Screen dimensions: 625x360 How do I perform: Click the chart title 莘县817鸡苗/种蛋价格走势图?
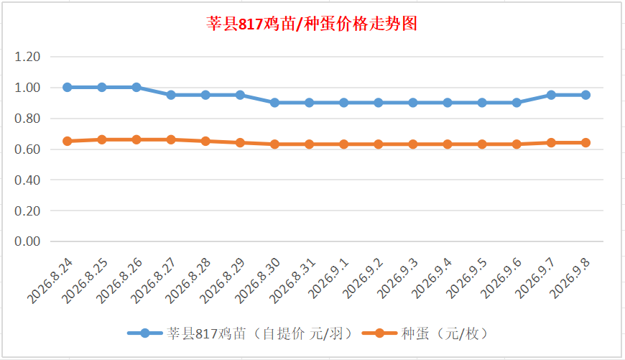tap(312, 24)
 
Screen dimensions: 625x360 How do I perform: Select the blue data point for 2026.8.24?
tap(68, 88)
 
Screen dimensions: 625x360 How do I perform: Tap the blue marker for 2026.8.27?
tap(171, 95)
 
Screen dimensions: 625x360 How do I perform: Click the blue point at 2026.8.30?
tap(274, 103)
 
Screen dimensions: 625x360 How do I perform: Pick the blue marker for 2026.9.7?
tap(551, 95)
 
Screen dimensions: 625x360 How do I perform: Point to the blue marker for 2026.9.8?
tap(586, 95)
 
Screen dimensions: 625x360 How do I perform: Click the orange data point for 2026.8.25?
tap(102, 139)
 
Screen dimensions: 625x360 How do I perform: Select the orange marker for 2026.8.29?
tap(240, 143)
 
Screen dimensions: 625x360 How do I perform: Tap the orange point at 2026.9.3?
tap(413, 144)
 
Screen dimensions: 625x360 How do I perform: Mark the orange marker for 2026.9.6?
tap(517, 144)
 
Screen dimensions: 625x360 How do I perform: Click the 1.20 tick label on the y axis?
tap(27, 57)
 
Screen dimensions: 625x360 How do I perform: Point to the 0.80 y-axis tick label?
tap(27, 119)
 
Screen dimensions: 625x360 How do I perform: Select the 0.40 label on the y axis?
tap(27, 180)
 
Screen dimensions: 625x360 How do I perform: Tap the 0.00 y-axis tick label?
tap(27, 241)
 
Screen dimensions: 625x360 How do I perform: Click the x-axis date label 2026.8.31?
tap(292, 281)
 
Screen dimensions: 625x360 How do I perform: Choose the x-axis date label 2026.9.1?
tap(328, 279)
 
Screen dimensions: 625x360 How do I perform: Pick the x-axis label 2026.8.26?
tap(119, 281)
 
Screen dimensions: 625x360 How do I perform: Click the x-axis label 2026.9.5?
tap(466, 279)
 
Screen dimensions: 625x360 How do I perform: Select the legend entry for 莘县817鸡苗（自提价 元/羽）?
tap(240, 333)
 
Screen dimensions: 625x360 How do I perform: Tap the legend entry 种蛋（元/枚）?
tap(425, 333)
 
